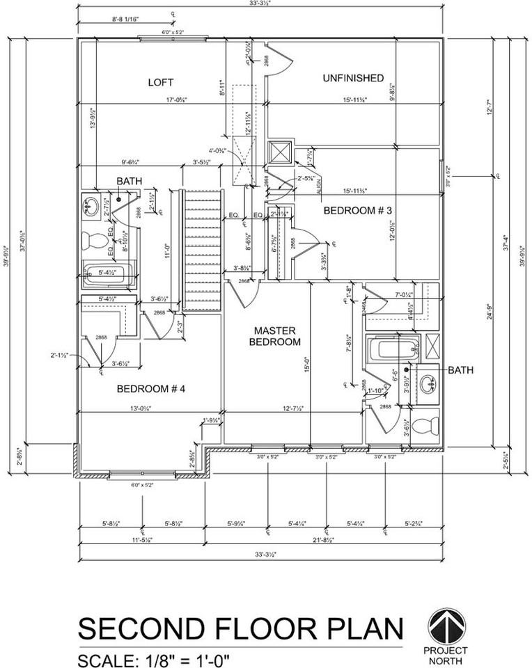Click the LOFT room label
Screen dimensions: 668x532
(160, 82)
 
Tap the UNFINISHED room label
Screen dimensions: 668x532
(353, 78)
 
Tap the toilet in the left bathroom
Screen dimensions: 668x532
(93, 241)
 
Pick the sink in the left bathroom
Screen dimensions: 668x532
(91, 206)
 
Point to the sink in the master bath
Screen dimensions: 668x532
(425, 382)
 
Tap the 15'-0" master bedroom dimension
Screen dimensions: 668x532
(307, 365)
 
